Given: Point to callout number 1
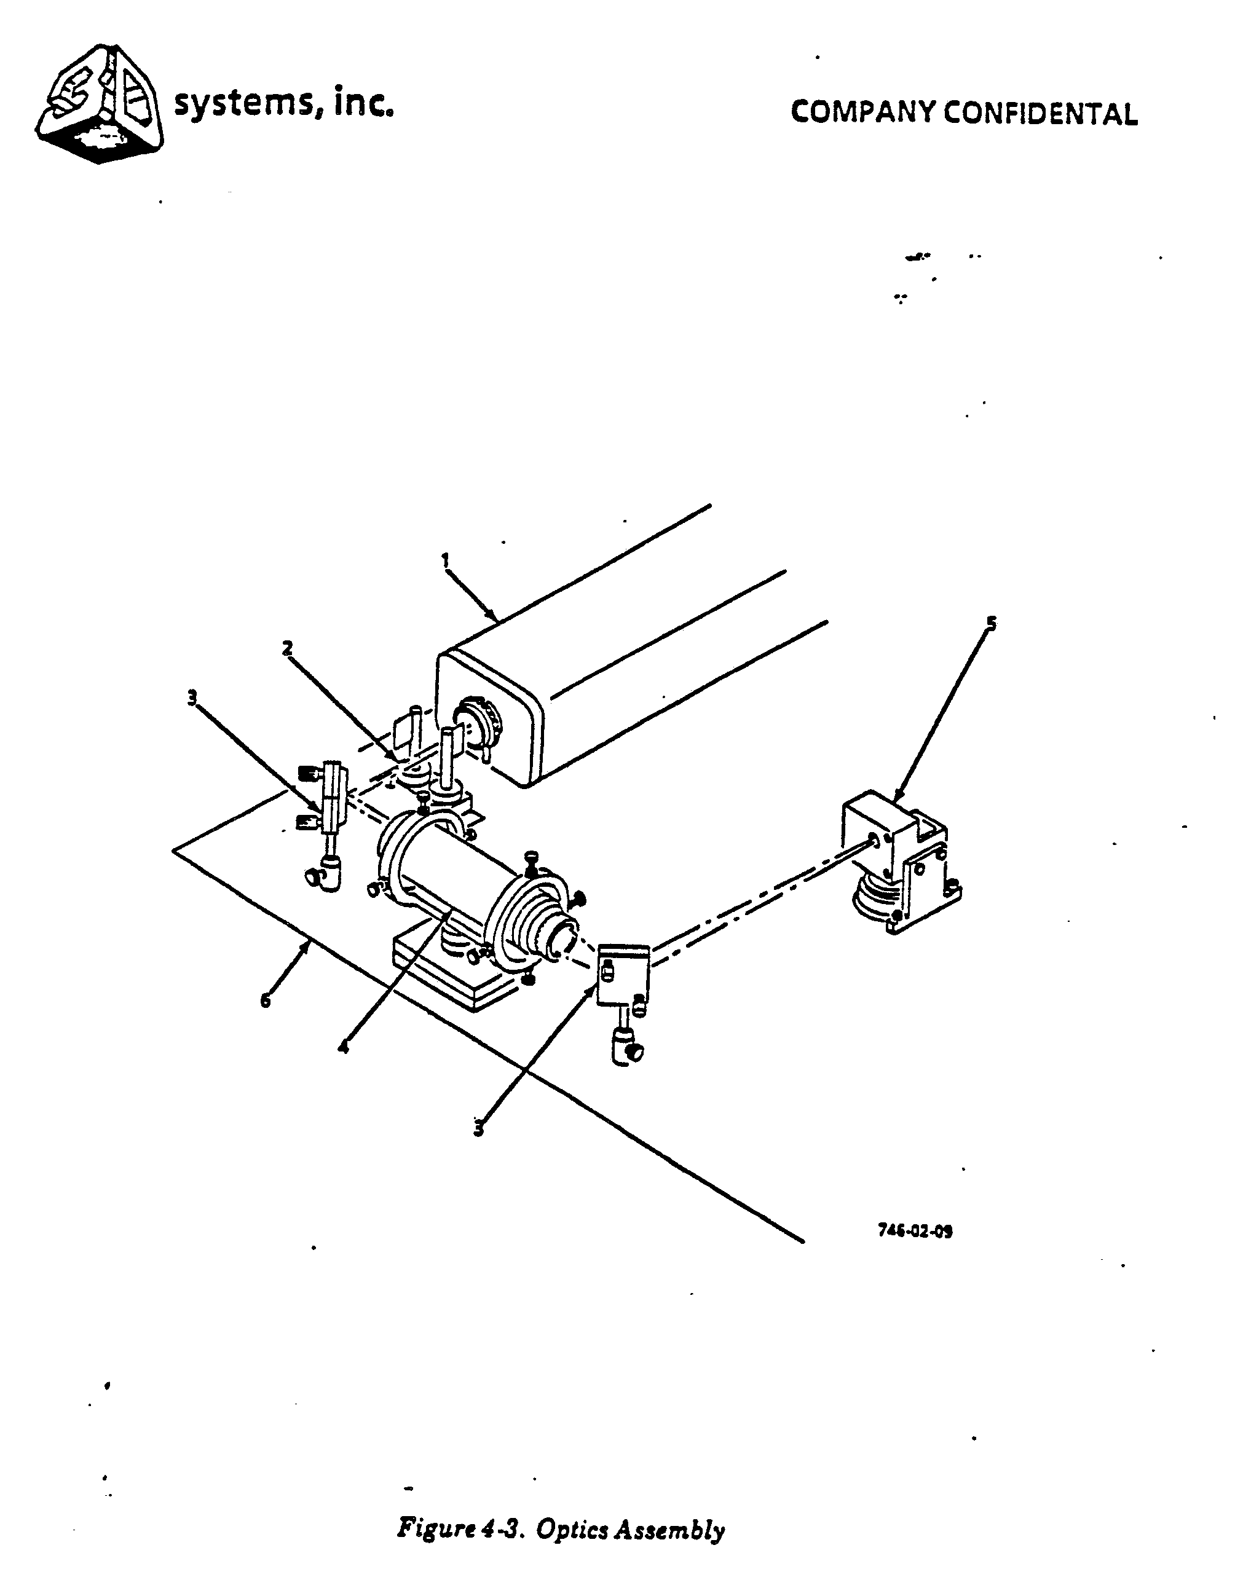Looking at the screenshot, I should [x=445, y=560].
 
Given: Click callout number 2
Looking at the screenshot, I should [x=288, y=647].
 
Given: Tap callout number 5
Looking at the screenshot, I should [x=992, y=623].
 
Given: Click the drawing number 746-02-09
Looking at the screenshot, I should [x=915, y=1230].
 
